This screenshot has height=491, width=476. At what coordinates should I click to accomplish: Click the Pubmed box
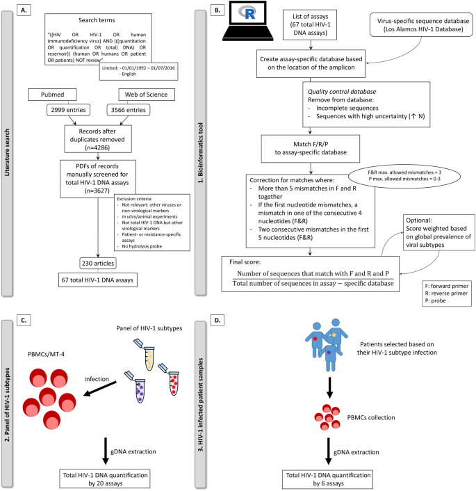point(52,95)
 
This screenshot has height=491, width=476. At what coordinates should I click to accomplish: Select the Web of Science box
point(147,95)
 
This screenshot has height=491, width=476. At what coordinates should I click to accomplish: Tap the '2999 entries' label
point(68,110)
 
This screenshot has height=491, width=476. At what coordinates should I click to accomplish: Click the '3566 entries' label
point(129,110)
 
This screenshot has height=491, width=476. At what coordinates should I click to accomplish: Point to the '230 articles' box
point(98,264)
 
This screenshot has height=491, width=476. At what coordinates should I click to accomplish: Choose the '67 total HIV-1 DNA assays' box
point(98,280)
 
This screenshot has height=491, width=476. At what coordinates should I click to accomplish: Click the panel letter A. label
point(24,10)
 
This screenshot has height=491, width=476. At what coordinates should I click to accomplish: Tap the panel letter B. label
point(218,10)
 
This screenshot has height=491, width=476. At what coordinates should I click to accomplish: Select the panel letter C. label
point(24,321)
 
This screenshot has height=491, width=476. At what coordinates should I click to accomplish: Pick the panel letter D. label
point(218,321)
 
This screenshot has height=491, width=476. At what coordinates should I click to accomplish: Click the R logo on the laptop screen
point(247,13)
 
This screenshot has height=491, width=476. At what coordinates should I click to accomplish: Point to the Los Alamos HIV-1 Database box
point(421,25)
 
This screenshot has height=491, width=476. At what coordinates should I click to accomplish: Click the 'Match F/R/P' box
point(311,148)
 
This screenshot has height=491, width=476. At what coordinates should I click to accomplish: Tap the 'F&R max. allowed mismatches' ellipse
point(404,176)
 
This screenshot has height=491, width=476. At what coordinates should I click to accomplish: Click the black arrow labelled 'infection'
point(100,389)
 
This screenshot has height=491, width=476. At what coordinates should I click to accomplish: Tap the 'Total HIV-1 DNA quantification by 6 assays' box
point(328,479)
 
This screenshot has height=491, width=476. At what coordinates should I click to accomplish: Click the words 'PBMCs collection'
point(371,417)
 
